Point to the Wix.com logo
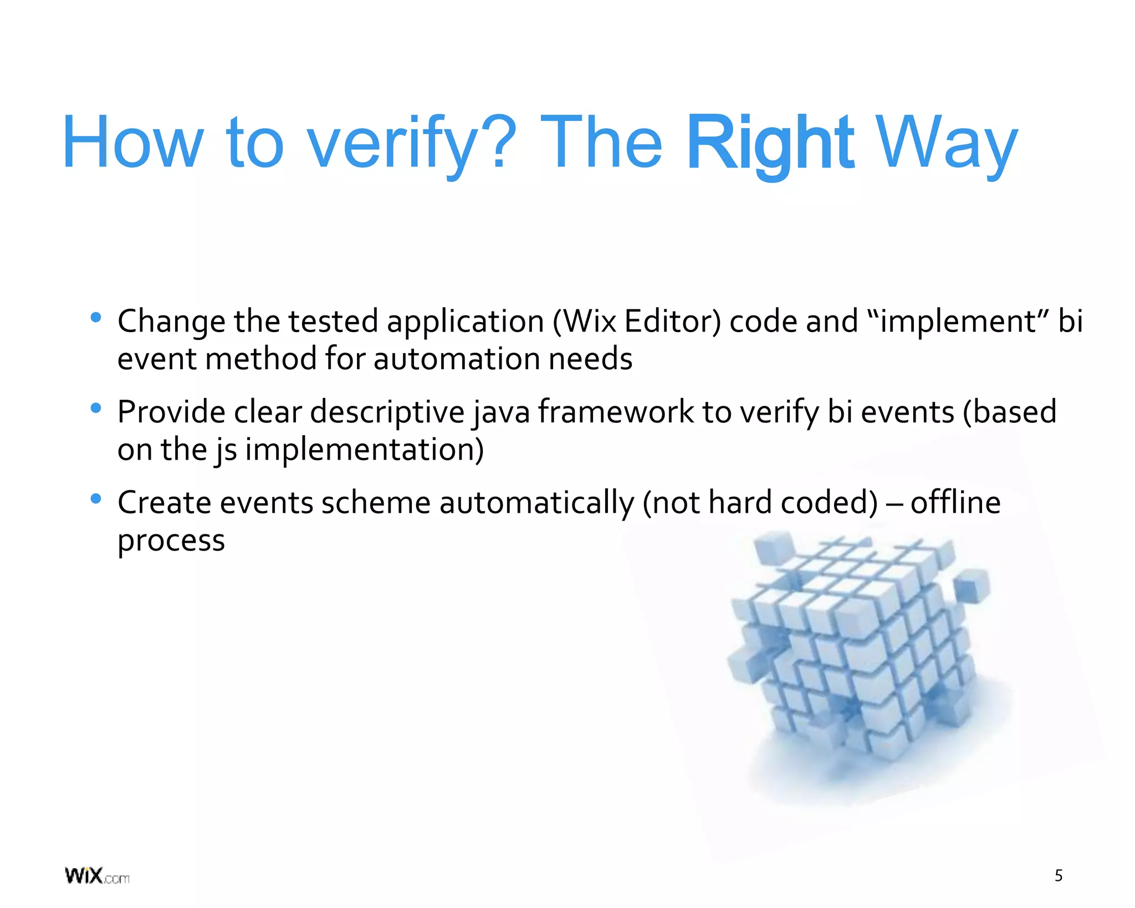97,876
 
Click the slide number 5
1058,876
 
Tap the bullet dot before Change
96,318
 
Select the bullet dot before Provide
96,409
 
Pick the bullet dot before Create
96,499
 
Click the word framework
615,412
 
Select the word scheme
375,503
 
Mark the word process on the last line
171,541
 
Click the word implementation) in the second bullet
364,450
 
